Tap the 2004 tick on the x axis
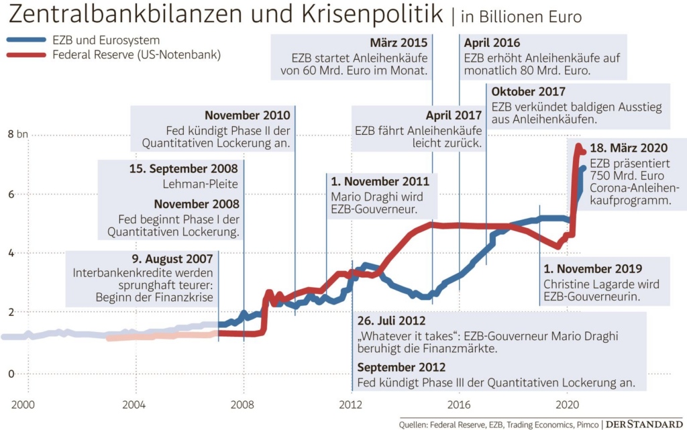click(x=135, y=405)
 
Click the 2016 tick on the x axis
click(x=458, y=405)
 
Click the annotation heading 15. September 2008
click(x=184, y=168)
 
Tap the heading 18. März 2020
click(x=628, y=149)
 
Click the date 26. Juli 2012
click(x=391, y=321)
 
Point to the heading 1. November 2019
click(x=592, y=268)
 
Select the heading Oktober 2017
click(x=528, y=91)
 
